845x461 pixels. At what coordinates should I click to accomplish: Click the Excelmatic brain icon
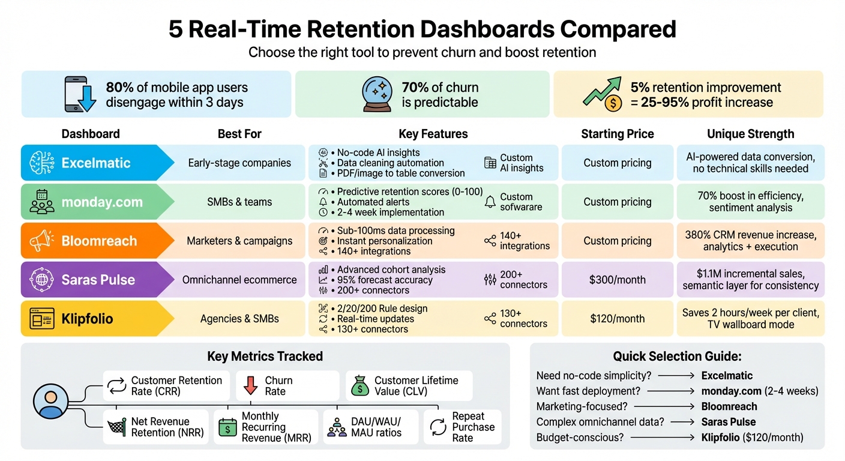(42, 163)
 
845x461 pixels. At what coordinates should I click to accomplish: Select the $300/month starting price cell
(617, 280)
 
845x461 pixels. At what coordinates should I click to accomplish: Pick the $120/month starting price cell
(617, 319)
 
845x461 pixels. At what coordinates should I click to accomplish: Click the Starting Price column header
(617, 134)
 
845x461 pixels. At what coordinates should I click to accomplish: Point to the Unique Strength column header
(750, 134)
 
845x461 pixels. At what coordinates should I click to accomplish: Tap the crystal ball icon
(377, 94)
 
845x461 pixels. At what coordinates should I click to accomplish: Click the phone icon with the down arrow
(80, 94)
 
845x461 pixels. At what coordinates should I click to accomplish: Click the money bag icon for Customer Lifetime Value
(359, 385)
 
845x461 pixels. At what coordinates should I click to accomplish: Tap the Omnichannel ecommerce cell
(239, 280)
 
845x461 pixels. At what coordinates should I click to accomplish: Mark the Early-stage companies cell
(239, 163)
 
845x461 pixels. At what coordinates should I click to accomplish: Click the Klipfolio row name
(87, 319)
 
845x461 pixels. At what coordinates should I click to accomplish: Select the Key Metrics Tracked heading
(265, 356)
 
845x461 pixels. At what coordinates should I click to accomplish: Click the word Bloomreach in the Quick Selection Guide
(729, 406)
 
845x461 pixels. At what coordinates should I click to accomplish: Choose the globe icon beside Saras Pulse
(42, 280)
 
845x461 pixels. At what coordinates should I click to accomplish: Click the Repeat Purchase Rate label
(473, 427)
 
